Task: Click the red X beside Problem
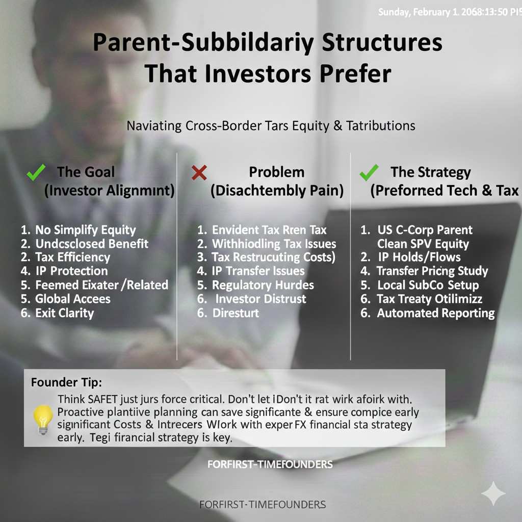[199, 173]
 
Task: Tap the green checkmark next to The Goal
[36, 172]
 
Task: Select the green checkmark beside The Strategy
[369, 172]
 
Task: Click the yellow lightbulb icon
[43, 420]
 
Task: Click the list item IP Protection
[71, 271]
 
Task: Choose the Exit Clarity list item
[64, 313]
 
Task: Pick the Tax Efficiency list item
[72, 257]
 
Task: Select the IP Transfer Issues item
[258, 271]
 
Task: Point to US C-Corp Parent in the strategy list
[425, 230]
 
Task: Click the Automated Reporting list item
[435, 313]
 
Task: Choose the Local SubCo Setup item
[428, 285]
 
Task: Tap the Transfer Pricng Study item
[432, 271]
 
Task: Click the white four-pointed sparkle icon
[493, 494]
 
